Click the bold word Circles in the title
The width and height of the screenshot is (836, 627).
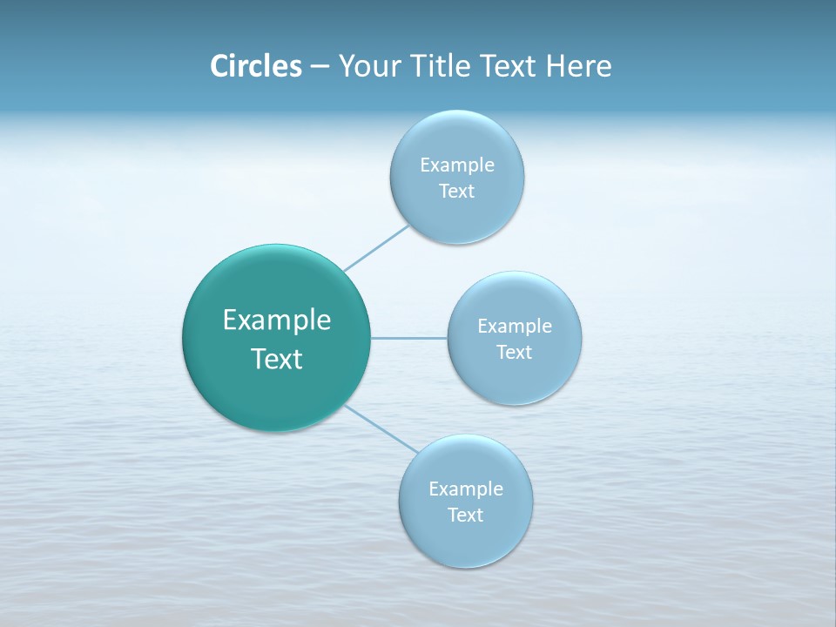coord(255,66)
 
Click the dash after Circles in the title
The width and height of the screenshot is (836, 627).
coord(320,67)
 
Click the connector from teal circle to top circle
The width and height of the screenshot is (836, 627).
coord(376,247)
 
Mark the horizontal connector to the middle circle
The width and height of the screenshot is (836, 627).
coord(408,338)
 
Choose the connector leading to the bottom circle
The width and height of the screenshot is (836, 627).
coord(380,428)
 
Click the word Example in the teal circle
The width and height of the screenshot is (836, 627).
coord(277,320)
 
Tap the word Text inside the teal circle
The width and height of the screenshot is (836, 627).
coord(277,359)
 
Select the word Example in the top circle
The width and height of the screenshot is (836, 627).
coord(457,165)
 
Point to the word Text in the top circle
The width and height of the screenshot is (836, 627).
coord(457,192)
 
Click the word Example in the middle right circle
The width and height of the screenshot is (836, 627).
coord(515,327)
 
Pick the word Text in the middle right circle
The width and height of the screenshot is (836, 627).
coord(515,353)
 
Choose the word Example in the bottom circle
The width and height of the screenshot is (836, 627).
coord(466,489)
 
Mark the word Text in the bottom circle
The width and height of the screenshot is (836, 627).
coord(466,516)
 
